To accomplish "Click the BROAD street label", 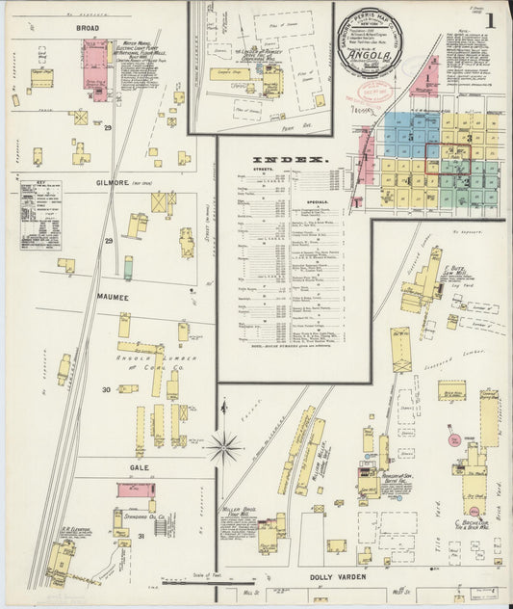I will point(89,29).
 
